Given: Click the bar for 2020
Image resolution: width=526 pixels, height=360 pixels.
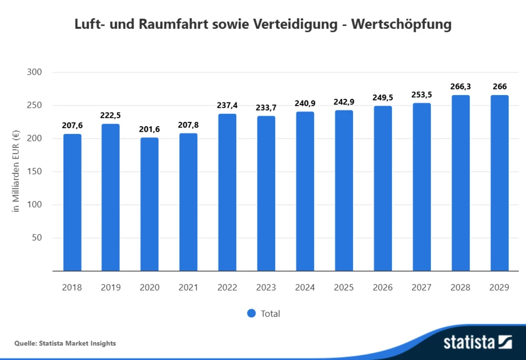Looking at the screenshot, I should [149, 204].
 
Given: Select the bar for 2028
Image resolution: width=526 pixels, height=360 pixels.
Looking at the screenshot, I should [461, 183].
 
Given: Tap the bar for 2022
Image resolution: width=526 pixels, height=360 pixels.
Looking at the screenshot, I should [227, 192].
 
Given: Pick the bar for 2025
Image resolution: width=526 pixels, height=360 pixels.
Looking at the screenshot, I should [344, 190].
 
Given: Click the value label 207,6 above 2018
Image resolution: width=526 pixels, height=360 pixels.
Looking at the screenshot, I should [72, 125].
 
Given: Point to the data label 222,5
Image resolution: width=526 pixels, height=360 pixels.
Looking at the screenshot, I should [111, 115].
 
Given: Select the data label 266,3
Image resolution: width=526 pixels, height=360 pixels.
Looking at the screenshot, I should [461, 86].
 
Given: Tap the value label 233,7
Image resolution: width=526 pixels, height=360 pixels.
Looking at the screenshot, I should [266, 107].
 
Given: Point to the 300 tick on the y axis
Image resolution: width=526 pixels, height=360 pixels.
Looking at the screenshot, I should [34, 72].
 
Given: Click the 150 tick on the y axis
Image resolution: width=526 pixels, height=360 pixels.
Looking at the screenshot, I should [34, 171].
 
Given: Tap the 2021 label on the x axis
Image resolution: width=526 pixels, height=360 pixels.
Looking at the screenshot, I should [188, 287].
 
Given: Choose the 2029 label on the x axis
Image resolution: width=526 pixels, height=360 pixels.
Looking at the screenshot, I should [500, 287].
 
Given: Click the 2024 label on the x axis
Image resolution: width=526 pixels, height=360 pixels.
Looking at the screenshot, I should [305, 287].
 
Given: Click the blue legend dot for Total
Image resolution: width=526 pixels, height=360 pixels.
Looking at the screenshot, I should [251, 313].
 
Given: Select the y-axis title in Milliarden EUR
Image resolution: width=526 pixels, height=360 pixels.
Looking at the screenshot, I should [16, 171].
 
